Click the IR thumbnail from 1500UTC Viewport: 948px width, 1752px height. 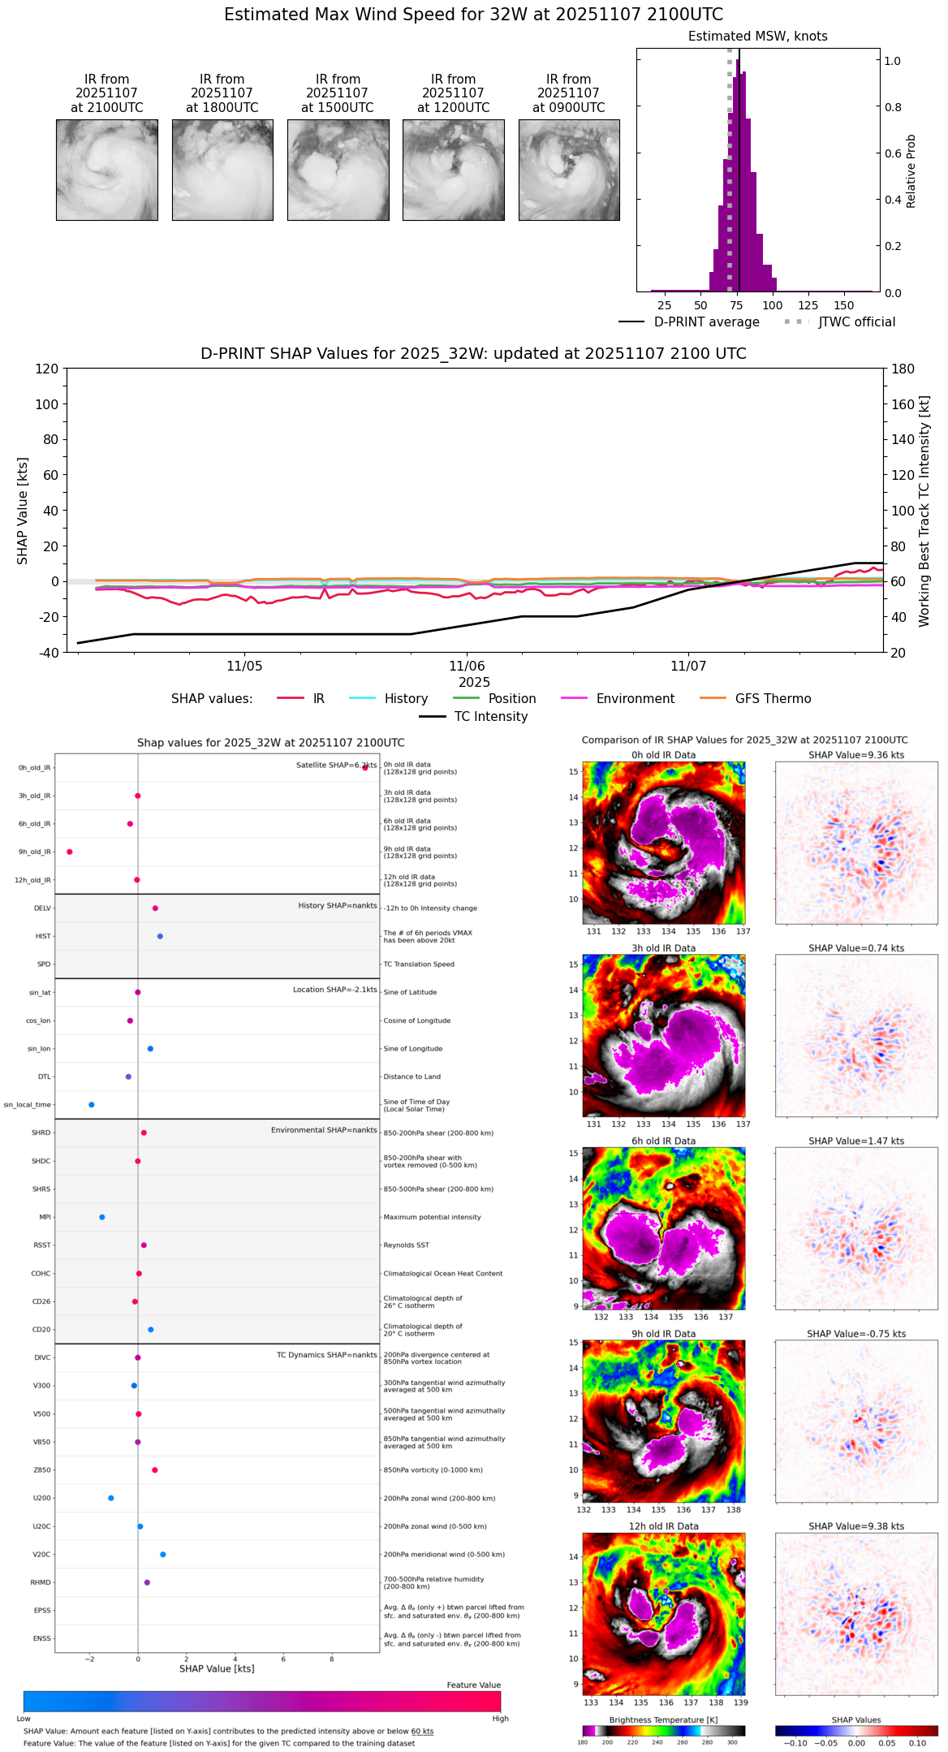[x=338, y=170]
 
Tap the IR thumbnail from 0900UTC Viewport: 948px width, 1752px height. [x=569, y=170]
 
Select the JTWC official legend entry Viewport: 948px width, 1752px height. [x=840, y=322]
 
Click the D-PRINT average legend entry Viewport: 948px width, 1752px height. [x=689, y=322]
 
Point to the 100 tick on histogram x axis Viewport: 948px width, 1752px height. [x=773, y=305]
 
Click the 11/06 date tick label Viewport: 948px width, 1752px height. [x=467, y=667]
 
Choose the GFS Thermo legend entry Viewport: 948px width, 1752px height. [x=754, y=699]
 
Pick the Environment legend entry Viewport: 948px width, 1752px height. [x=617, y=699]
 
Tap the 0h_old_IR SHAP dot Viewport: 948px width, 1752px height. [x=365, y=767]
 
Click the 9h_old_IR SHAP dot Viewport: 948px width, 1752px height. [x=70, y=852]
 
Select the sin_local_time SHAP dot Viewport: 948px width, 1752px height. [x=92, y=1104]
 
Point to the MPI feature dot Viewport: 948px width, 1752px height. [x=102, y=1217]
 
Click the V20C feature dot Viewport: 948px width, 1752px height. [x=163, y=1554]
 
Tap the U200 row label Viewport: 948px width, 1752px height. [x=41, y=1498]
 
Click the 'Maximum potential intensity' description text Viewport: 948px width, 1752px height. [x=432, y=1217]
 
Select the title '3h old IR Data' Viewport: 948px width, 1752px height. [x=663, y=948]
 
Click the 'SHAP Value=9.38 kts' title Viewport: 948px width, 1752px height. [x=856, y=1526]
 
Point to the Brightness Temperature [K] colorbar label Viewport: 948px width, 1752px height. [x=663, y=1720]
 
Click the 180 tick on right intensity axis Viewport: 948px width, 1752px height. [x=903, y=369]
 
